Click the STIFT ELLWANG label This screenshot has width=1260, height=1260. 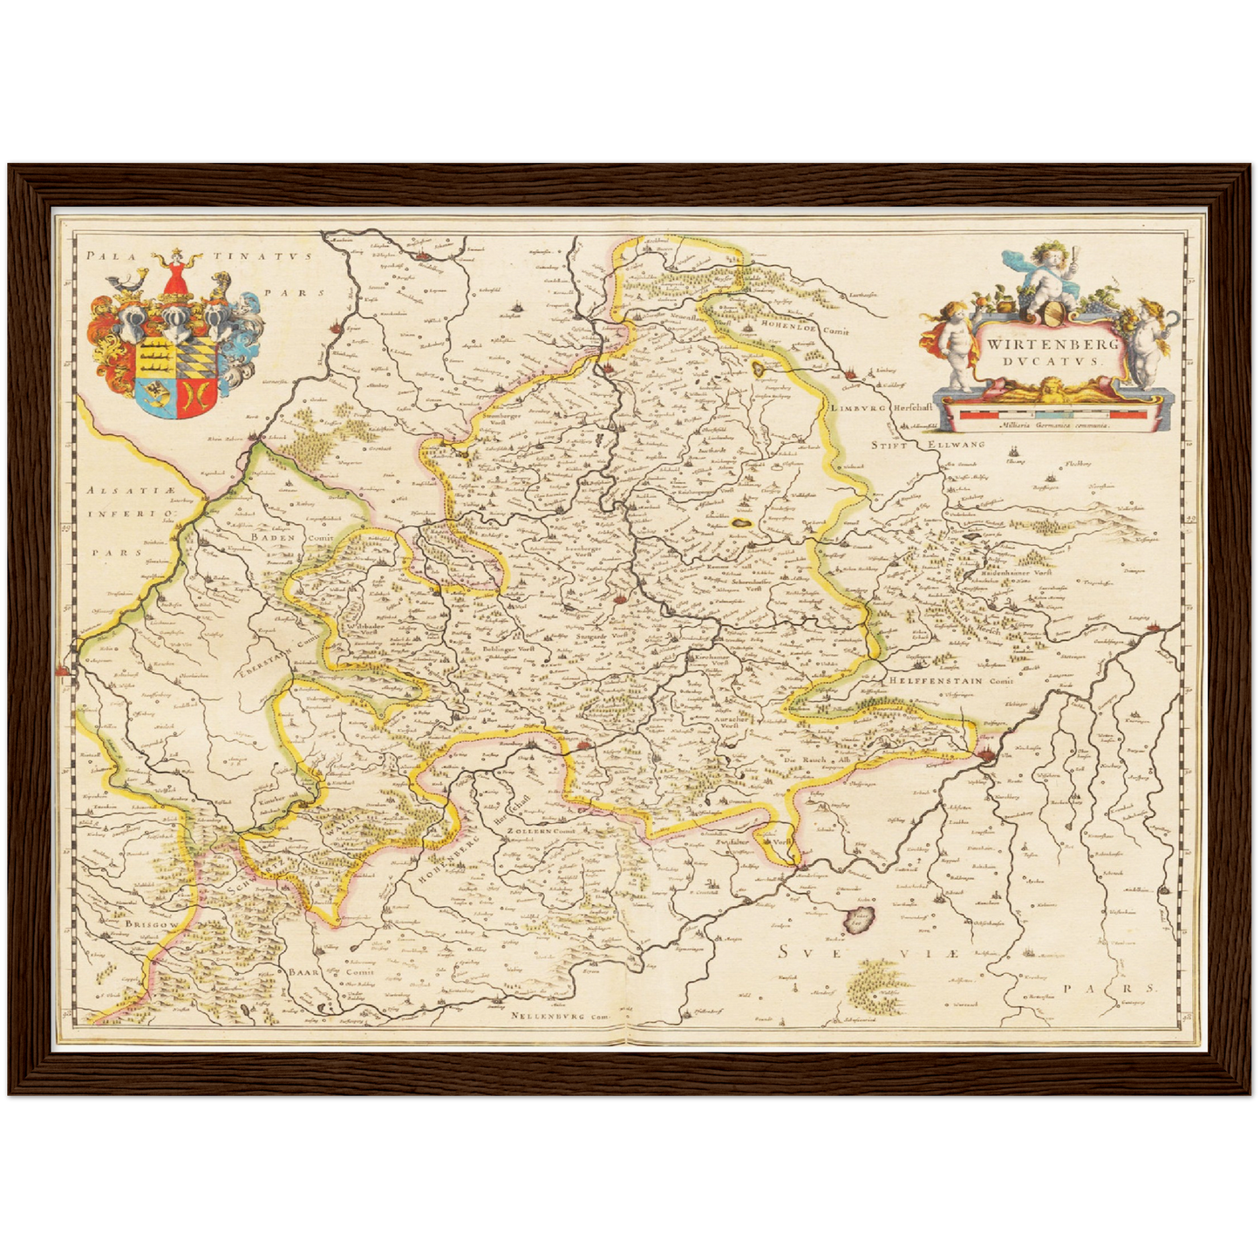pyautogui.click(x=930, y=445)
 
